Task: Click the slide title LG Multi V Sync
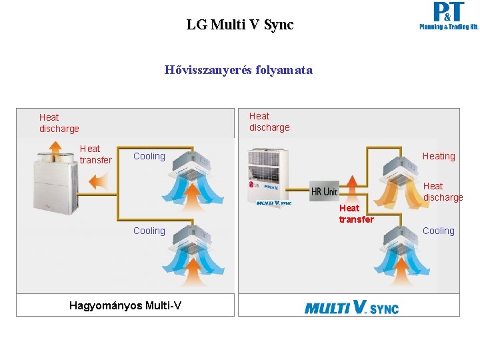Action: point(240,25)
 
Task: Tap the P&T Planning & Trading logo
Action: point(448,17)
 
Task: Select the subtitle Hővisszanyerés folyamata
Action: point(239,69)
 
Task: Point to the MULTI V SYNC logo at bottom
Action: point(351,307)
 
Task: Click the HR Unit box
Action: point(324,191)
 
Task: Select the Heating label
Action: point(439,156)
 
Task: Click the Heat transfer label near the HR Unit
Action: point(356,213)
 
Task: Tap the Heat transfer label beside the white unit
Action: point(95,154)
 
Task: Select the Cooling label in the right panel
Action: point(439,231)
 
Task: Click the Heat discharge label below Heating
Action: point(443,191)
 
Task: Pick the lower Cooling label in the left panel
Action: point(149,231)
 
